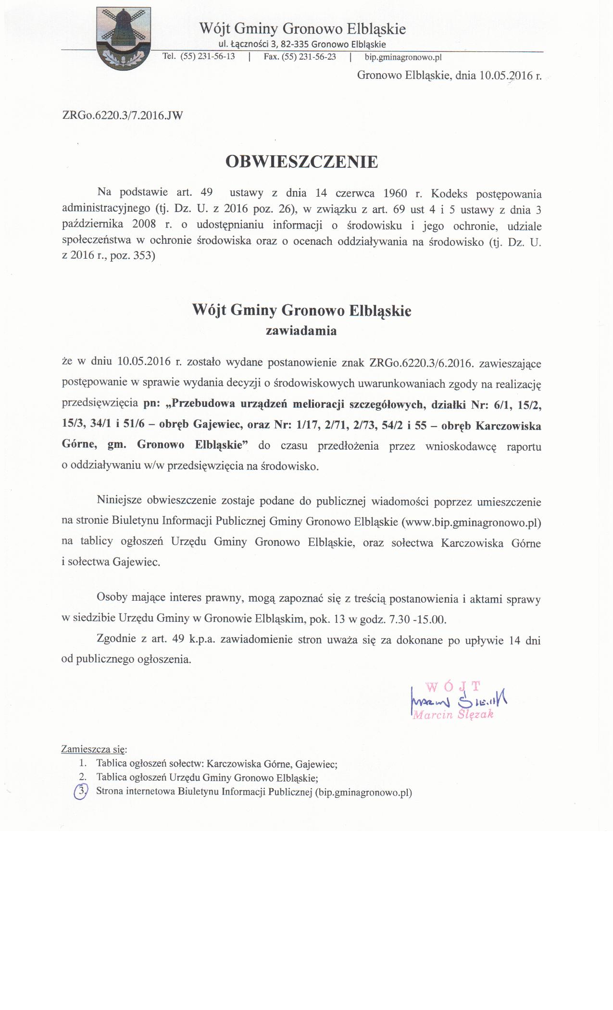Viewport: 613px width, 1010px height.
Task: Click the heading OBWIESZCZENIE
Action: (301, 162)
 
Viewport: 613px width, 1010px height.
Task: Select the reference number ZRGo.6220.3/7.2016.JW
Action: (123, 115)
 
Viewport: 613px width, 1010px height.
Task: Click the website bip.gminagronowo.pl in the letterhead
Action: (403, 57)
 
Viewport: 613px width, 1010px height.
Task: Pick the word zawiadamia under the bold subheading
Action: (301, 331)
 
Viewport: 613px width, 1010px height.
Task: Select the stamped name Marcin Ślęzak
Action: (453, 714)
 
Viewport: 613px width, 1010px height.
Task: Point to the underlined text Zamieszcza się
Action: (94, 749)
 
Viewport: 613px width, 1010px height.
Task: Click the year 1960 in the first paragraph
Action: (396, 194)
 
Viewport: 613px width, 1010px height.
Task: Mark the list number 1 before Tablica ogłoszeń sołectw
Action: (83, 763)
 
